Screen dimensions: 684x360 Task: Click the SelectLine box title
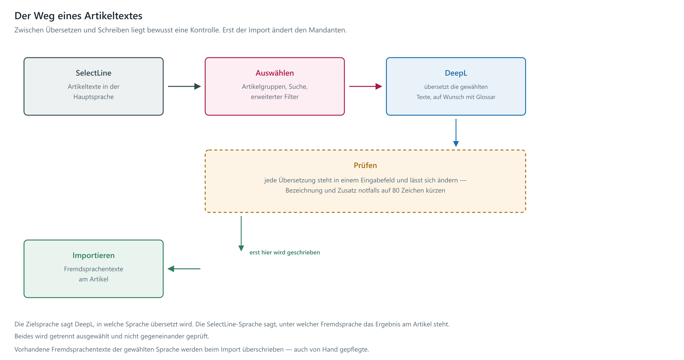(x=93, y=73)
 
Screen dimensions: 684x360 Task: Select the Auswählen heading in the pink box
(x=274, y=73)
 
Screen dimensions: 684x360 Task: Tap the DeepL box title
(x=456, y=73)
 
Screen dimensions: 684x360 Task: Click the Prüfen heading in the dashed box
(x=365, y=165)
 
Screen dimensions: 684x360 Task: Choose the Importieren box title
(x=93, y=255)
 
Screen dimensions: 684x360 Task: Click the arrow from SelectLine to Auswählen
(x=184, y=86)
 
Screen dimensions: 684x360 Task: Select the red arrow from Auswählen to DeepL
(x=365, y=86)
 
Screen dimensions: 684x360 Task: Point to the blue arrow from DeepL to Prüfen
(x=456, y=133)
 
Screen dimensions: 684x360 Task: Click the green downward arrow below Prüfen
(x=241, y=233)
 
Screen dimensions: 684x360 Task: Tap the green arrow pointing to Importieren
(x=184, y=269)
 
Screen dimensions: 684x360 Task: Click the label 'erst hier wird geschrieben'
(x=285, y=252)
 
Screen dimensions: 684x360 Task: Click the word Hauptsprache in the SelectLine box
(x=94, y=97)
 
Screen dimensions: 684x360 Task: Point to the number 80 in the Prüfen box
(x=396, y=190)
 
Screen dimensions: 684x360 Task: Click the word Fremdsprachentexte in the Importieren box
(x=94, y=269)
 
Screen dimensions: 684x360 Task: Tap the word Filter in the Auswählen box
(x=292, y=97)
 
